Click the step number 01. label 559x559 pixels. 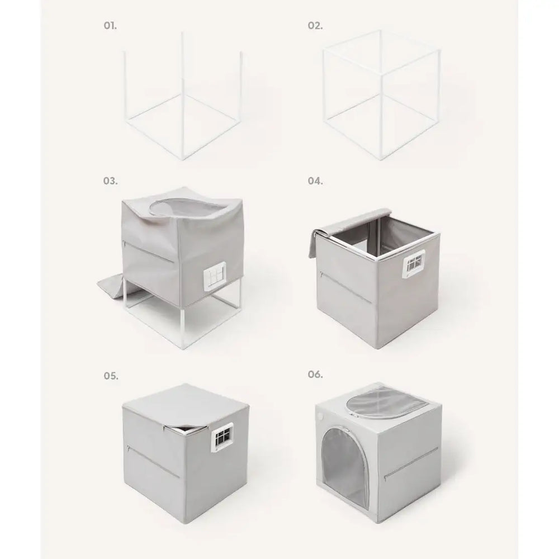(110, 26)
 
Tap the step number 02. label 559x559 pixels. (315, 26)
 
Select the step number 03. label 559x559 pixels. (110, 181)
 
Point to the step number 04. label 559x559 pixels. (315, 181)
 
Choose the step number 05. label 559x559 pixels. (111, 376)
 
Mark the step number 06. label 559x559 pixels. (315, 375)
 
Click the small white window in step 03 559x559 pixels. (215, 274)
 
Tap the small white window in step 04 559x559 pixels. (414, 264)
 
